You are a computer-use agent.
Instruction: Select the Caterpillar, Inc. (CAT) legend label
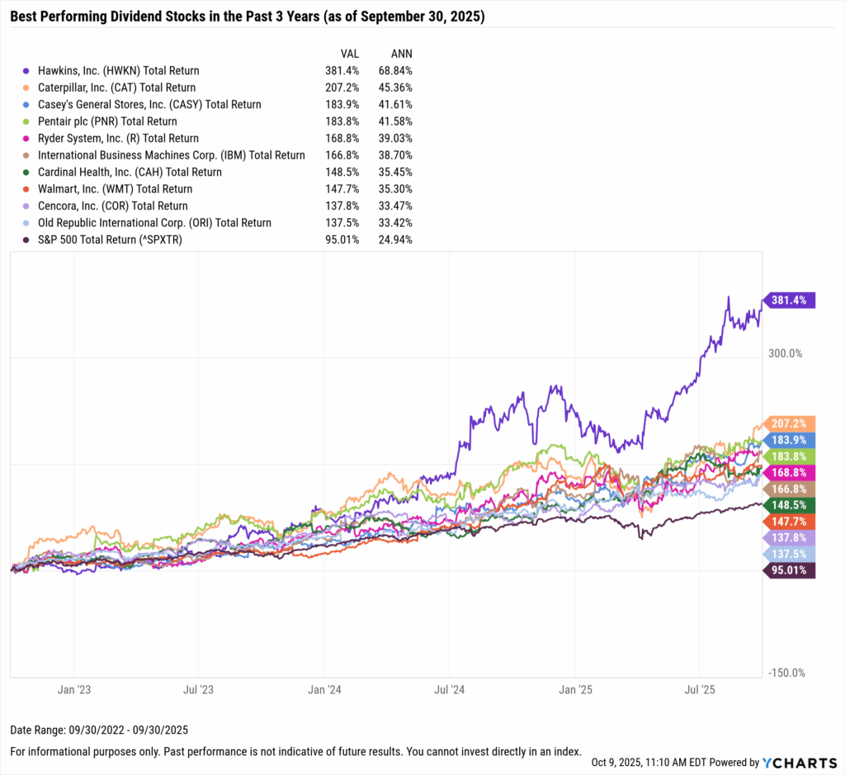(x=116, y=87)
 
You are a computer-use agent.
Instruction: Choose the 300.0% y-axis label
(x=786, y=353)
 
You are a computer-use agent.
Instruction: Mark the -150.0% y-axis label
(x=785, y=673)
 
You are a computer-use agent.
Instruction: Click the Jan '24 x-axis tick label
(x=323, y=688)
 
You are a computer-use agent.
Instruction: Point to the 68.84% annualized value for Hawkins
(x=395, y=71)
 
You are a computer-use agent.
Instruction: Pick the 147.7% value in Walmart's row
(x=340, y=189)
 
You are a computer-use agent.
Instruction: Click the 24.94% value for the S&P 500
(x=395, y=239)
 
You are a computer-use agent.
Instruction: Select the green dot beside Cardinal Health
(x=29, y=172)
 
